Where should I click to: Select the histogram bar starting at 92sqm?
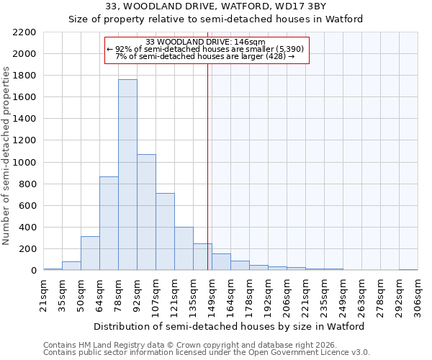click(x=146, y=212)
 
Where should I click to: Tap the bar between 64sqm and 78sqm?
click(x=109, y=223)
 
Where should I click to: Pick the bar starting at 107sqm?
click(x=165, y=232)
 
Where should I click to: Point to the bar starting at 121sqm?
click(x=184, y=249)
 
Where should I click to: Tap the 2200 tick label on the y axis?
click(x=24, y=32)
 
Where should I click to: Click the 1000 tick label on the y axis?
click(x=24, y=163)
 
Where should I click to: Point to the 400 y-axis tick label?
click(x=27, y=228)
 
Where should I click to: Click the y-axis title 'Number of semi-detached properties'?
click(x=7, y=156)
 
